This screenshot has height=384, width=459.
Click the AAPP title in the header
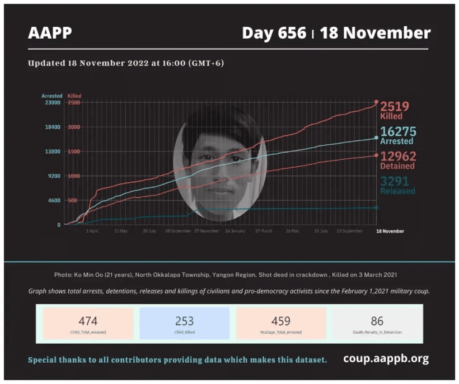click(50, 33)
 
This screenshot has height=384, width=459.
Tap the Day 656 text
click(274, 33)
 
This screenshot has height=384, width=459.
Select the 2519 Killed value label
click(395, 110)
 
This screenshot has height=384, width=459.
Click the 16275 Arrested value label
click(397, 135)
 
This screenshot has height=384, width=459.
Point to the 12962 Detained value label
click(397, 160)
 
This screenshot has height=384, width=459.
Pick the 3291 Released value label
click(397, 185)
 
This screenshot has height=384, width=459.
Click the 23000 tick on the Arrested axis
click(52, 102)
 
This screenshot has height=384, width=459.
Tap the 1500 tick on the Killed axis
click(74, 151)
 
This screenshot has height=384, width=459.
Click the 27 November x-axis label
click(207, 230)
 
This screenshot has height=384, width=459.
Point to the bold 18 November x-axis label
click(390, 230)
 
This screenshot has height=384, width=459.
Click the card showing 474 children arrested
click(88, 324)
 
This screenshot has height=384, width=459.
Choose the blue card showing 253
click(184, 324)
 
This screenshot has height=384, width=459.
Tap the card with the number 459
click(280, 324)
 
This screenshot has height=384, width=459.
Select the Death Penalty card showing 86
click(377, 324)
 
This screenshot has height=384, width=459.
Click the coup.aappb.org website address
click(386, 358)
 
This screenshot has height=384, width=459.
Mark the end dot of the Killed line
click(376, 102)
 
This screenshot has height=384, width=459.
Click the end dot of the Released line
click(376, 207)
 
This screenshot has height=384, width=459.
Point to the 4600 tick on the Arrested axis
click(54, 200)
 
